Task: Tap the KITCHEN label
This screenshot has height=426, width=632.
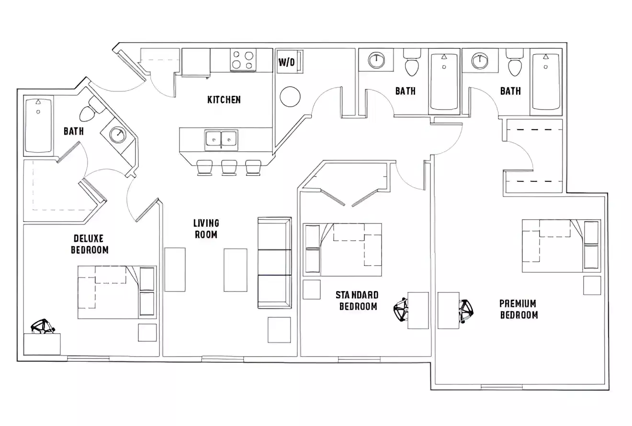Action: [224, 100]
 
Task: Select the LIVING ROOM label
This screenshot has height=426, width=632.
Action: [206, 229]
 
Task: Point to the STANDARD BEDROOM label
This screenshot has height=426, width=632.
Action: [357, 301]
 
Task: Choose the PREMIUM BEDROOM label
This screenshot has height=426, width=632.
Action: [519, 309]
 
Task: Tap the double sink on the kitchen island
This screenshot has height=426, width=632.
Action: [221, 139]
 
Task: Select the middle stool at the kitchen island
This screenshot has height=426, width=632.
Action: [229, 168]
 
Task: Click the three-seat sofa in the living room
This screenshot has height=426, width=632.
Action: [274, 263]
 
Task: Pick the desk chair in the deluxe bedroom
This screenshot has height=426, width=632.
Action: [43, 326]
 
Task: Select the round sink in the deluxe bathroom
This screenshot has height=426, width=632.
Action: [117, 135]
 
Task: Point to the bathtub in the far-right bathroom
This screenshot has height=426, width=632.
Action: [546, 81]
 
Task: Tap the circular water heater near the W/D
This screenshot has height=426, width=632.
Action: [290, 97]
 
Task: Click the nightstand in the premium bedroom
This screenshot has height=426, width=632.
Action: [592, 285]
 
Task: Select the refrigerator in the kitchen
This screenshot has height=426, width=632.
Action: [196, 62]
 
